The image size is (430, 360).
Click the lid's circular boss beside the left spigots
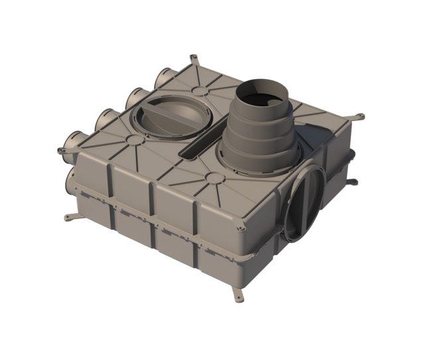(x=133, y=140)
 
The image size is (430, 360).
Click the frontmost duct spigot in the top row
(x=72, y=142)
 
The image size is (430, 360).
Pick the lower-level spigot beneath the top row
(x=73, y=177)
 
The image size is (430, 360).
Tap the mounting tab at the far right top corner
(x=361, y=118)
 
